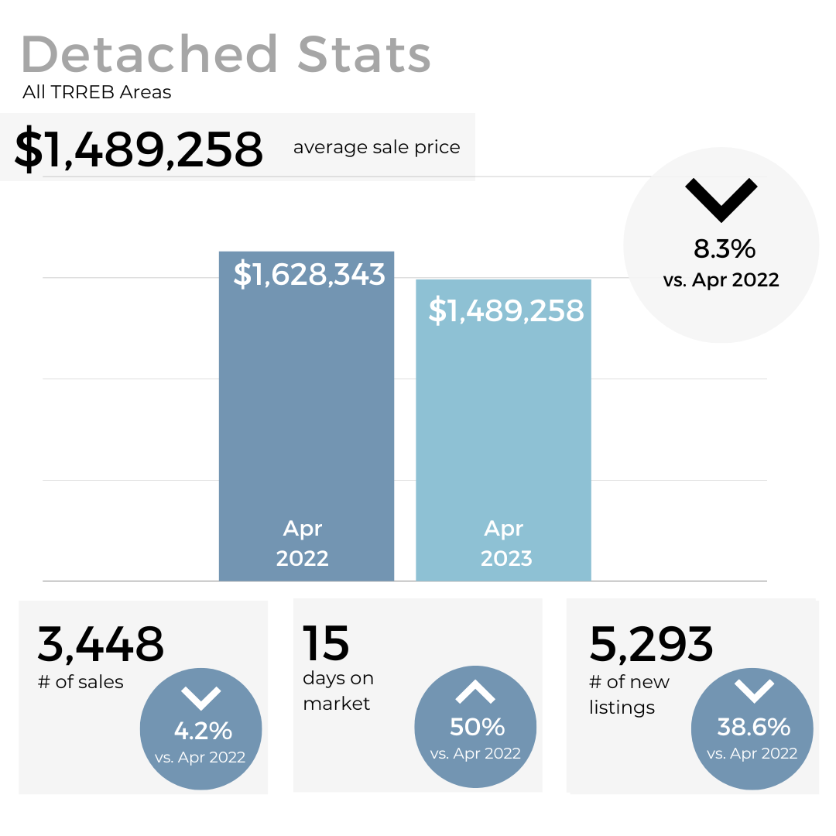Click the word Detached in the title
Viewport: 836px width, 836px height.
149,54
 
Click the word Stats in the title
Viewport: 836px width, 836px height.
364,54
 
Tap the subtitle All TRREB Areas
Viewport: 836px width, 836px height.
97,93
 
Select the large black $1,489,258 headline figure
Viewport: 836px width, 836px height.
139,149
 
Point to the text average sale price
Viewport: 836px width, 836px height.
376,147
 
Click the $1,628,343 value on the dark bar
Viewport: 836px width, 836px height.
309,274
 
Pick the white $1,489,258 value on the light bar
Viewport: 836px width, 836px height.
505,310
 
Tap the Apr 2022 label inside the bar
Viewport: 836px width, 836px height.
303,543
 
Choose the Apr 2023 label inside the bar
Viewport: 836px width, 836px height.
505,543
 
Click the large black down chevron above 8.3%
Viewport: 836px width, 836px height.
721,200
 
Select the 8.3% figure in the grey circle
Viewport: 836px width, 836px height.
724,249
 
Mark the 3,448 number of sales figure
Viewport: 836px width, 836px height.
101,644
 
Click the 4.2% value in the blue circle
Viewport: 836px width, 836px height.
202,731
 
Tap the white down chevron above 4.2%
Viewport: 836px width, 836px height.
201,697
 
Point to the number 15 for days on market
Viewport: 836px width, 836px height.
326,644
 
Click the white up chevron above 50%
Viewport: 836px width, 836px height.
475,692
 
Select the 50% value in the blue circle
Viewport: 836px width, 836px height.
477,727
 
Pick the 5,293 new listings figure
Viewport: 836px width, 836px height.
651,644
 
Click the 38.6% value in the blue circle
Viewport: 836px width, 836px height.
753,727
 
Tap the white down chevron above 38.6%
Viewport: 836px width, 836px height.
752,691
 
